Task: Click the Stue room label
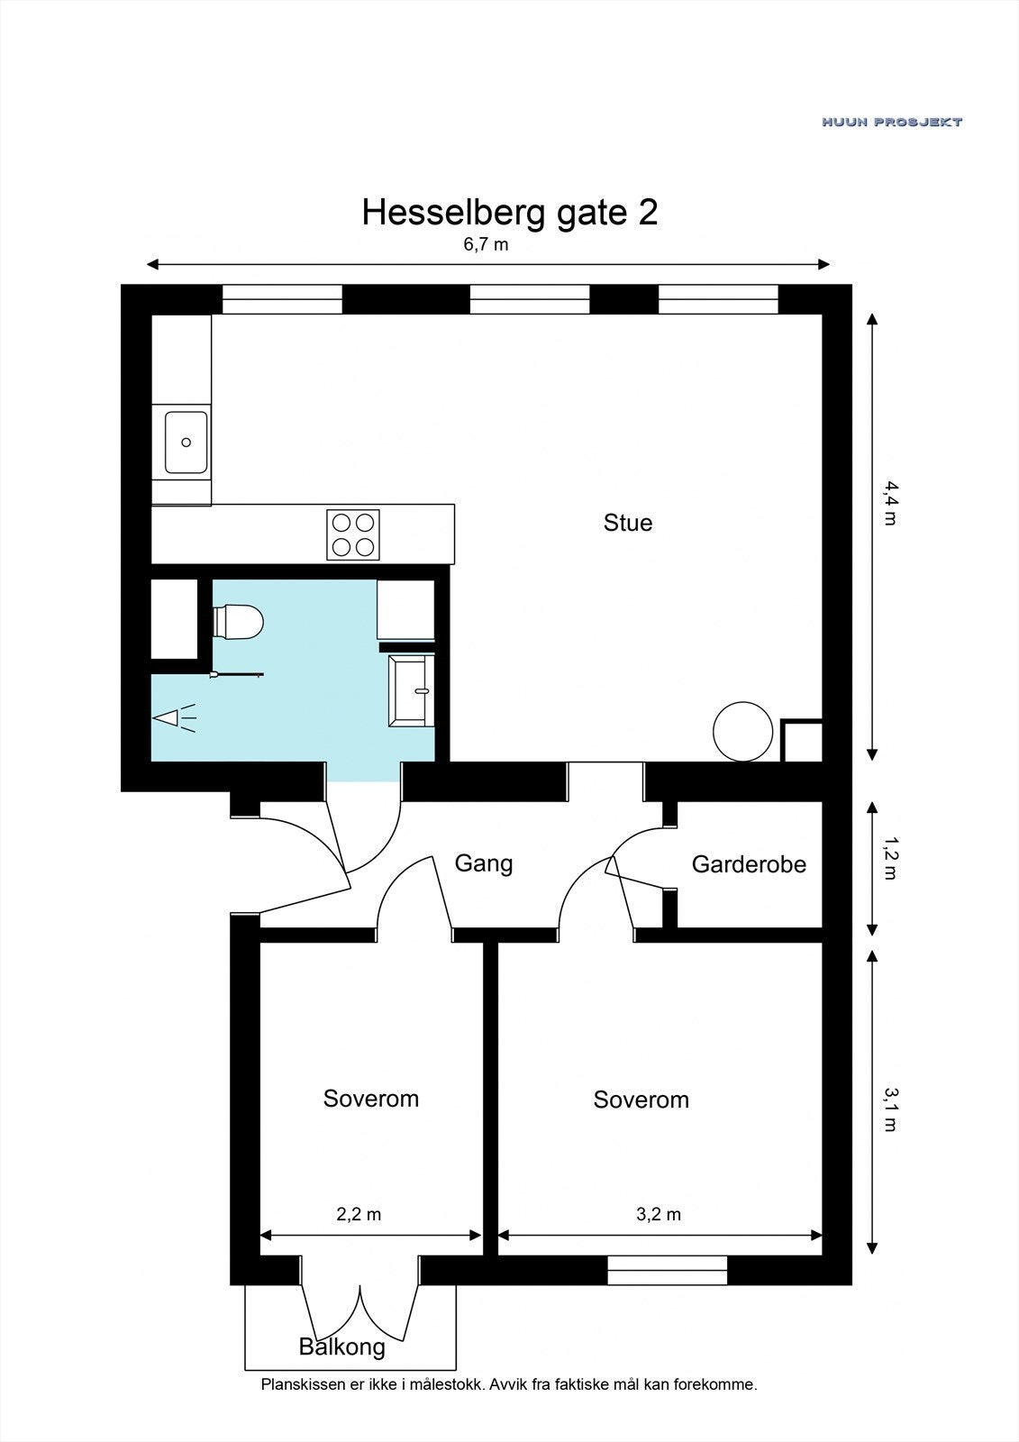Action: pos(628,522)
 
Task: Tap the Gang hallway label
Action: pos(484,863)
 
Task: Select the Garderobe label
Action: pos(749,864)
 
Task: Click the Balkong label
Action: pos(341,1346)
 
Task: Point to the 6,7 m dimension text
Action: pos(486,244)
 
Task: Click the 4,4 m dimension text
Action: pos(890,504)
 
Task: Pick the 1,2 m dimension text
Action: pos(890,857)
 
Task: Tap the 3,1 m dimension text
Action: pos(890,1109)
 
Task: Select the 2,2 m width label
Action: pos(359,1214)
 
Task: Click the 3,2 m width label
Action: pos(659,1214)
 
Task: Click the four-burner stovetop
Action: pos(353,534)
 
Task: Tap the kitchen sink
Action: pos(186,443)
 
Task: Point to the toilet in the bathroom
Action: pos(238,622)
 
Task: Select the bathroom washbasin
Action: pos(411,691)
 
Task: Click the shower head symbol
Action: pos(173,717)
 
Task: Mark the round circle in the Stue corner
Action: pos(742,731)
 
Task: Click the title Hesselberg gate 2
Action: pos(510,213)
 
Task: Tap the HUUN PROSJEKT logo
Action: pos(892,122)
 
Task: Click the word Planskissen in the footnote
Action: pos(304,1384)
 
